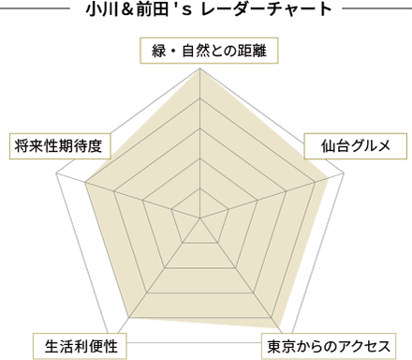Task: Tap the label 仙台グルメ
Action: point(355,145)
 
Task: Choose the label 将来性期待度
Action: point(63,145)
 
